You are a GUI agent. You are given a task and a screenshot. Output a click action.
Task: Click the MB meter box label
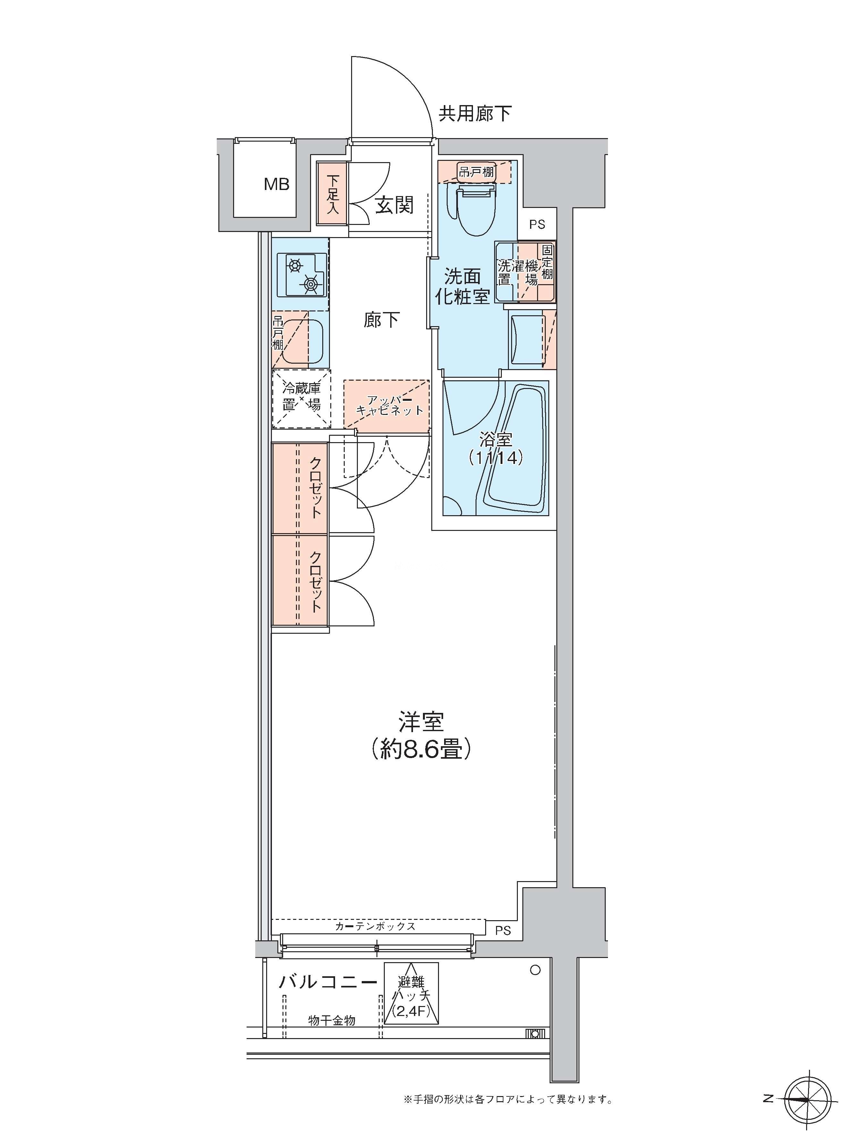(277, 184)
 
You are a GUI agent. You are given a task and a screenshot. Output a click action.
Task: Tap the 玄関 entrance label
(394, 205)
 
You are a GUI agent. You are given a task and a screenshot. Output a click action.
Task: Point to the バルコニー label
(328, 982)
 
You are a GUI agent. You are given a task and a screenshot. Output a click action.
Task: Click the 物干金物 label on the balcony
(332, 1020)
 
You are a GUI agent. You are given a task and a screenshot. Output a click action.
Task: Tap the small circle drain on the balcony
(535, 970)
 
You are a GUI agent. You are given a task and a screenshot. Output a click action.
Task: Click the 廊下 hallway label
(381, 320)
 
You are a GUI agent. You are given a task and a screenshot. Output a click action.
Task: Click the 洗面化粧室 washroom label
(462, 286)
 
